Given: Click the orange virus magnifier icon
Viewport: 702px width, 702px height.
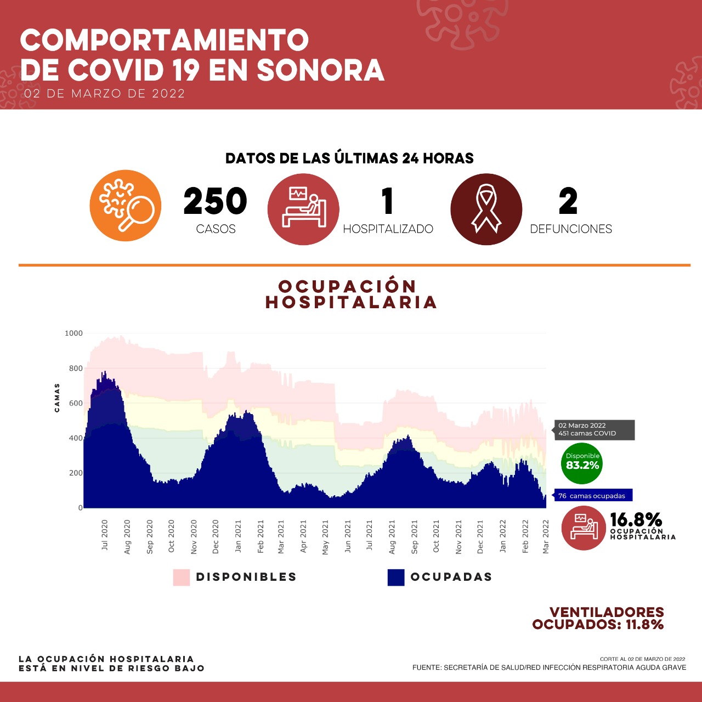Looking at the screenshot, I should click(126, 206).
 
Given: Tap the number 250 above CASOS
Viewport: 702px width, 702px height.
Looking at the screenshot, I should click(215, 201).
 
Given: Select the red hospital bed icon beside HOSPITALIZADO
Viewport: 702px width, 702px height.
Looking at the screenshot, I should click(303, 209).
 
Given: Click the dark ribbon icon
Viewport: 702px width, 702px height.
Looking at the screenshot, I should click(486, 209).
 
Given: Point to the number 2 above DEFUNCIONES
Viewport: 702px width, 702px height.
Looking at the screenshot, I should click(568, 201).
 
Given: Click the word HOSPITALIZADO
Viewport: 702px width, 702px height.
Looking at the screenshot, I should click(388, 229).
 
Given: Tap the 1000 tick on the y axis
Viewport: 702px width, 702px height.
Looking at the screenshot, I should click(73, 333).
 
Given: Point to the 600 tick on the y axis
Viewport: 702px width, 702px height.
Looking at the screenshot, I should click(76, 403).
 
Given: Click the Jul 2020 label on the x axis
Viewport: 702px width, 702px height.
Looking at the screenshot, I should click(105, 535).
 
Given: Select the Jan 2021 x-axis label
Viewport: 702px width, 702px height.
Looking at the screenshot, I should click(238, 535).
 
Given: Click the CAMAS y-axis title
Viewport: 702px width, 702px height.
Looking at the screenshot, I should click(57, 398).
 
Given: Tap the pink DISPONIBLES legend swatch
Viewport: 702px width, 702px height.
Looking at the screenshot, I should click(182, 577).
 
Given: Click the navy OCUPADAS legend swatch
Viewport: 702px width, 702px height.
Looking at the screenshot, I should click(396, 577).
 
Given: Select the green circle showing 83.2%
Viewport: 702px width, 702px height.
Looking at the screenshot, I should click(582, 463).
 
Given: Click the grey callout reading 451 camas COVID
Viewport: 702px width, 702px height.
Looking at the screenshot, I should click(593, 429).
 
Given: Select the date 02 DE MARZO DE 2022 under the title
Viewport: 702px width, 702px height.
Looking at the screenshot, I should click(104, 94).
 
